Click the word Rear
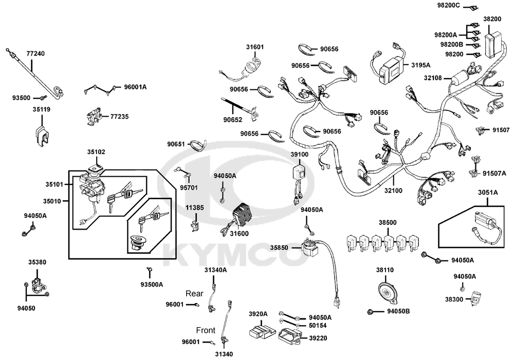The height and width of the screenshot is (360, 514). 194,293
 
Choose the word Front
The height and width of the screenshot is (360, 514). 206,330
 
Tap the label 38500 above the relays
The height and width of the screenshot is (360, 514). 388,223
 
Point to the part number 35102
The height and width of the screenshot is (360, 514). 96,152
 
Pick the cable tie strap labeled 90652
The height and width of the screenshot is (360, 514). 240,108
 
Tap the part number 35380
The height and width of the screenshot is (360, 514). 37,262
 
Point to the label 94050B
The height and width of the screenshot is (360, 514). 398,312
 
